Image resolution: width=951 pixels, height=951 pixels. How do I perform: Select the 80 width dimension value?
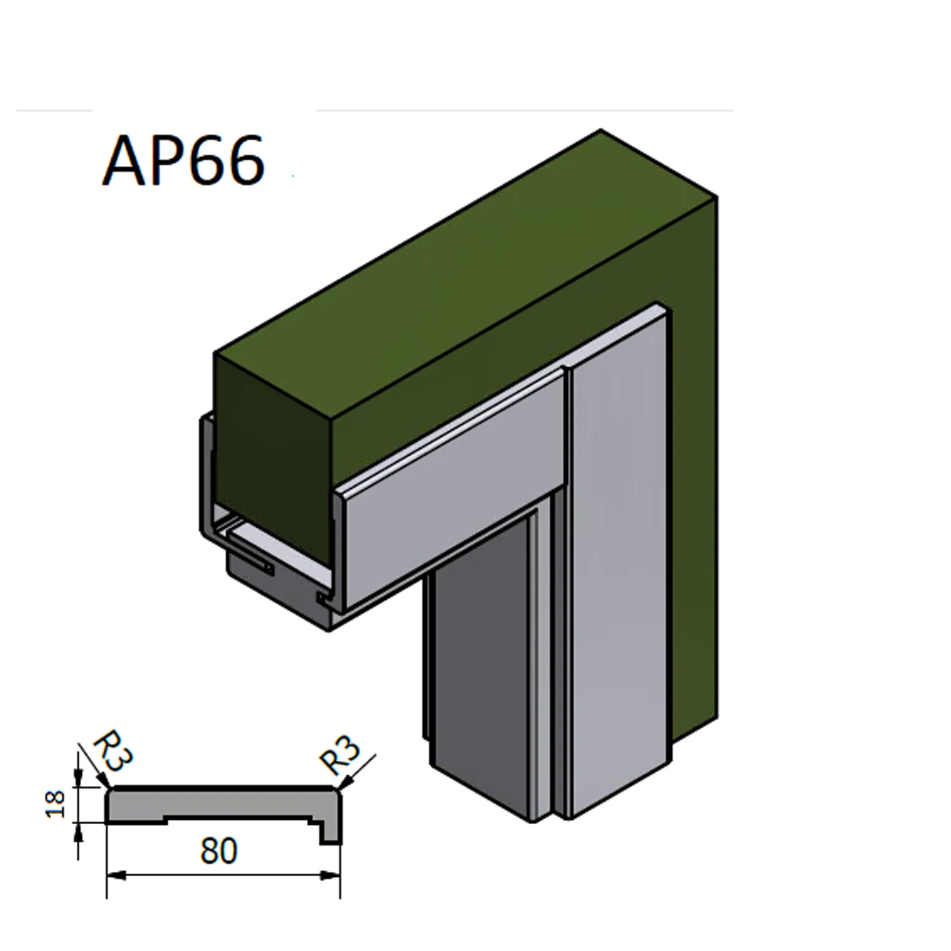219,851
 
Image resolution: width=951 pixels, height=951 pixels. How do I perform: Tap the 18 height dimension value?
56,804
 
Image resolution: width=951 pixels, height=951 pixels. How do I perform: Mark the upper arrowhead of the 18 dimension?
78,779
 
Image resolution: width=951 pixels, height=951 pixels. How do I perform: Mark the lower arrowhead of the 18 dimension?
78,831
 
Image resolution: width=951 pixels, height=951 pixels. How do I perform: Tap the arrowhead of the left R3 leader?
105,784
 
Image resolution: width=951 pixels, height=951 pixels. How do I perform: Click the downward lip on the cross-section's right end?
330,833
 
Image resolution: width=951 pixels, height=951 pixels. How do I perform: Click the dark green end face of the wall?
273,456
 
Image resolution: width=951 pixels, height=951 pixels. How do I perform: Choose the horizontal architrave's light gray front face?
450,488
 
